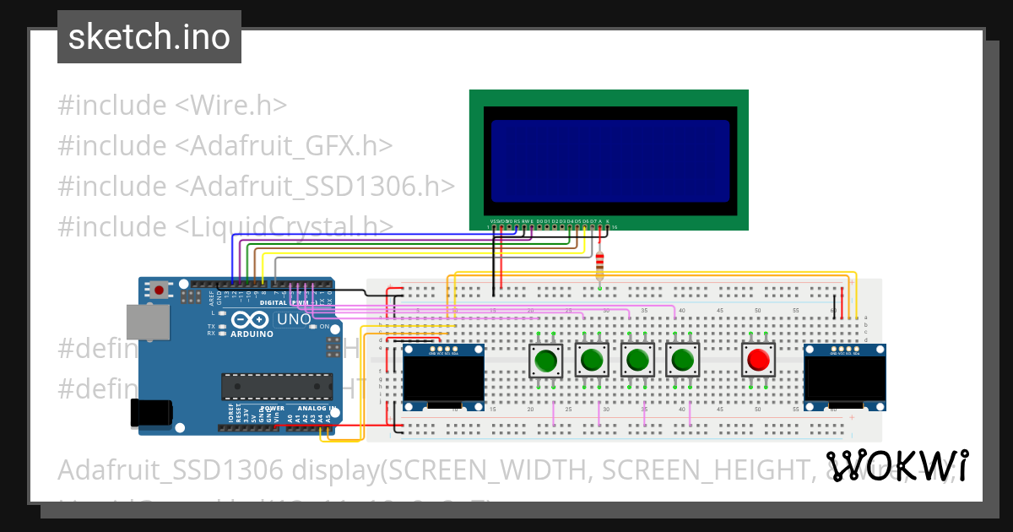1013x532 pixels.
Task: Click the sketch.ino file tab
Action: (149, 37)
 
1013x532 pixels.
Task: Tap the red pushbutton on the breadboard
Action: (758, 361)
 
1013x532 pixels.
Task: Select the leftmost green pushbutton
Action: (546, 361)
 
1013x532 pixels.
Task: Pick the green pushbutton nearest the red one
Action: (682, 361)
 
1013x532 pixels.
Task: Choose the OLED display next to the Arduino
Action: (443, 377)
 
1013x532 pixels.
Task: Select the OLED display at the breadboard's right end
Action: (844, 377)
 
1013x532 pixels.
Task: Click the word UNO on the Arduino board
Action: (294, 320)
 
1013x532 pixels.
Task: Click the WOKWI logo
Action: (897, 466)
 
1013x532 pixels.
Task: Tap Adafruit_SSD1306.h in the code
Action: (315, 187)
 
